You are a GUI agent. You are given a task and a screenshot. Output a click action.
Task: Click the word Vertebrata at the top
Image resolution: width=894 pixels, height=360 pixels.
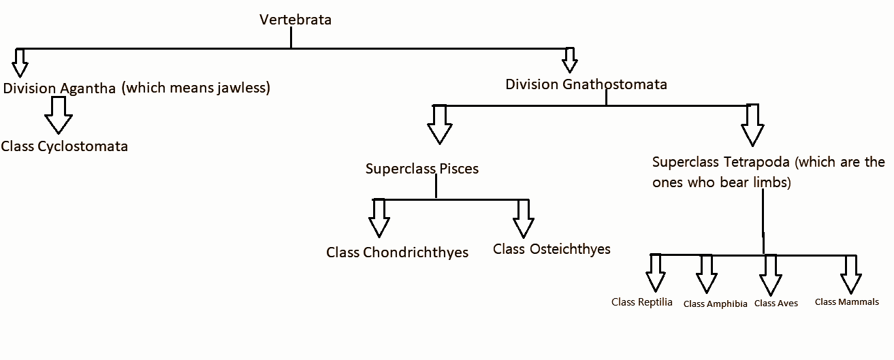click(296, 20)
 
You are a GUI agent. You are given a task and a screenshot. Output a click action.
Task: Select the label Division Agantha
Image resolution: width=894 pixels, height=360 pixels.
click(59, 88)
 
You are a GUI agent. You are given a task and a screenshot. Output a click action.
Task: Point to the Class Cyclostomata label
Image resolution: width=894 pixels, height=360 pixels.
click(65, 146)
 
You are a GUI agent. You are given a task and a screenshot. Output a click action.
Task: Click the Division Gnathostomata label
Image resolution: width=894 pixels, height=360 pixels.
click(586, 84)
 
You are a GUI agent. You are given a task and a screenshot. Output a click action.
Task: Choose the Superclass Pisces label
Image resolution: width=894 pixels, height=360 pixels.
click(422, 169)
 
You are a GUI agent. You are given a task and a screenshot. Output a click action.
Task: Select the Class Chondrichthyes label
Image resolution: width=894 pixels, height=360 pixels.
click(398, 252)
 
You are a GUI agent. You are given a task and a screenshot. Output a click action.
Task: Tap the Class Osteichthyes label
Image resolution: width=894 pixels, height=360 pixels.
click(552, 249)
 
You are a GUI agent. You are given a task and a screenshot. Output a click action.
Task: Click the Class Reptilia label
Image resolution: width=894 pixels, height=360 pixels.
click(642, 302)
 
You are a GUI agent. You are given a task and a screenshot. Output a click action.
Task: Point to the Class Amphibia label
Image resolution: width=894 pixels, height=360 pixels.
click(715, 304)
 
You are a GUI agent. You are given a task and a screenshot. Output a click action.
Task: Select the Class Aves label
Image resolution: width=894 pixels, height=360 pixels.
click(776, 304)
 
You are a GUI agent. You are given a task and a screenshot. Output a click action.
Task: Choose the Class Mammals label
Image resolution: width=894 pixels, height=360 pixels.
click(847, 302)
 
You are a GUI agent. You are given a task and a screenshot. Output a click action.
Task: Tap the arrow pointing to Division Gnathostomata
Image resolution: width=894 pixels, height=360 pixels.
click(570, 61)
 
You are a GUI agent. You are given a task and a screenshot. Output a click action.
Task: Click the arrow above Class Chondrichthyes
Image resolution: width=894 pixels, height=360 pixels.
click(379, 218)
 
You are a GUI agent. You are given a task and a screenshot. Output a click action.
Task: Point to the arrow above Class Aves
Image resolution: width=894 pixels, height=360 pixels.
click(771, 274)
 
